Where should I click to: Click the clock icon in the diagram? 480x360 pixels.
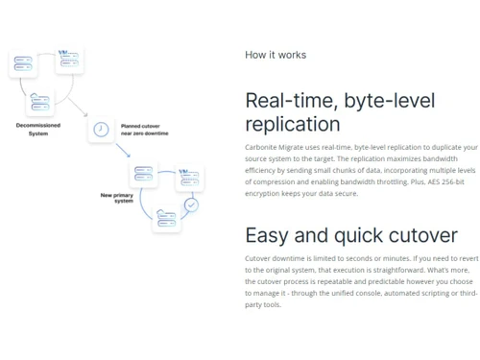[101, 129]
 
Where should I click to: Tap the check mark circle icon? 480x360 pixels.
[191, 204]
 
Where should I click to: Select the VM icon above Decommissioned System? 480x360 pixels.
[68, 60]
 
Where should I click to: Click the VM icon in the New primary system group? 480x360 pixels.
[189, 177]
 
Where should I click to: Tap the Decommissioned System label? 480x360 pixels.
[38, 129]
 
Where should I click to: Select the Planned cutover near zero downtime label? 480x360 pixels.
[144, 130]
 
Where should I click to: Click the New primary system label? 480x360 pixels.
[117, 198]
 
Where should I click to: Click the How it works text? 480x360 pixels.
[276, 55]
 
